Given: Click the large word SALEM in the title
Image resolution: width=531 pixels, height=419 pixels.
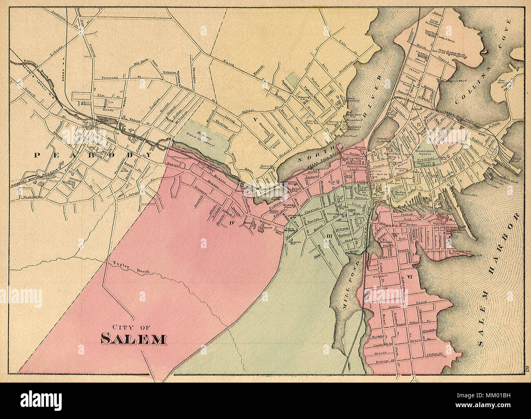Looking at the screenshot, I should pyautogui.click(x=133, y=339).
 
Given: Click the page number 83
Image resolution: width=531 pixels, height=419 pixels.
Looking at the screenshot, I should pyautogui.click(x=527, y=368).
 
